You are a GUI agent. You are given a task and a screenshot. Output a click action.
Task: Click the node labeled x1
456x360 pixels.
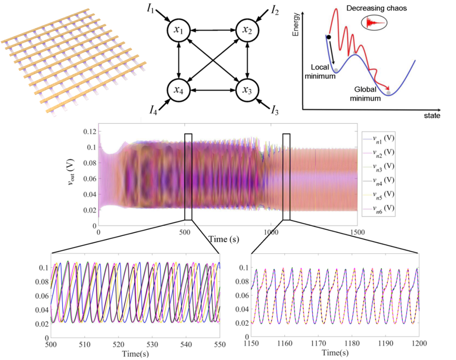179,30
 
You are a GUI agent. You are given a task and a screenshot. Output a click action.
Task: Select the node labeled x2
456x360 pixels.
247,30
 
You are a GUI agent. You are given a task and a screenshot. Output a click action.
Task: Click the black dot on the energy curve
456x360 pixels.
328,37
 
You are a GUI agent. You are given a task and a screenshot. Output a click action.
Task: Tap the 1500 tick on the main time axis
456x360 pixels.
357,233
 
